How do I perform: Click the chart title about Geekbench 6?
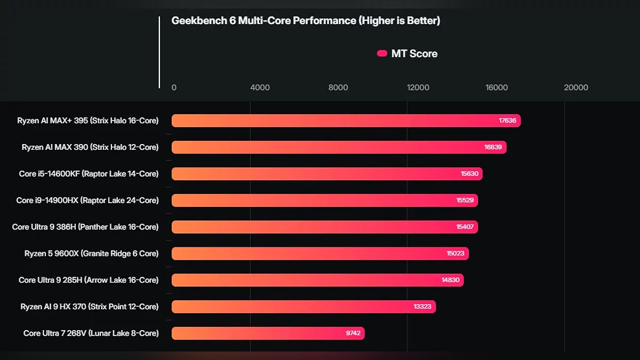306,21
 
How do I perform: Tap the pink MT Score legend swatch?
382,53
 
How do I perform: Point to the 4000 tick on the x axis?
260,87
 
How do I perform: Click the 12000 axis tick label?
418,87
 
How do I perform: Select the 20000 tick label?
576,87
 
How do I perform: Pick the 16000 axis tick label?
497,87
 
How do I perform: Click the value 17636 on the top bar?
507,121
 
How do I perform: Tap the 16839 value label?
493,147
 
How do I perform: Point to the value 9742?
353,333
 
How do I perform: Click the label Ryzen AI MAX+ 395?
87,121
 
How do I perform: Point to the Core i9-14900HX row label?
87,201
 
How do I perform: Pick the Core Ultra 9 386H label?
85,227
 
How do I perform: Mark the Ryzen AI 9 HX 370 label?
90,307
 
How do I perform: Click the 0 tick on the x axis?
174,87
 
